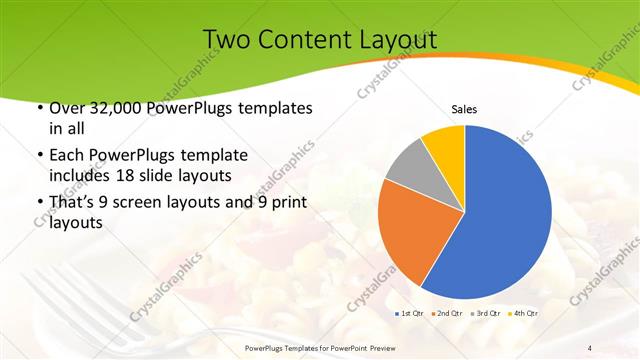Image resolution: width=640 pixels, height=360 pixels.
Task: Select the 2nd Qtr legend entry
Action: [447, 314]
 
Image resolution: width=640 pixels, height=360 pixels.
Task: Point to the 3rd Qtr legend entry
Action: [487, 314]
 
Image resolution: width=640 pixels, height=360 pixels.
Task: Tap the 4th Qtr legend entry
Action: [524, 314]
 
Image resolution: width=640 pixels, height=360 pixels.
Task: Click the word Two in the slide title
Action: [225, 39]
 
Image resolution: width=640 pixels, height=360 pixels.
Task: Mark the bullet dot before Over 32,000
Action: [39, 108]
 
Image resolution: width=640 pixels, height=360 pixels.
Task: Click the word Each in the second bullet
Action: [66, 155]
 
